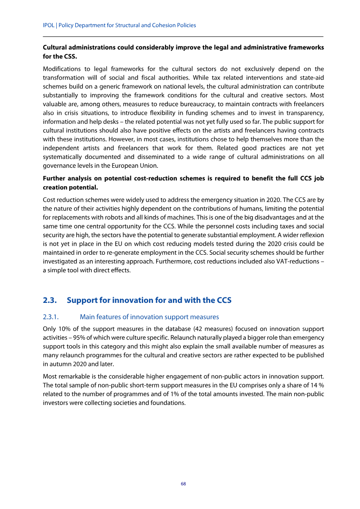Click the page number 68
pyautogui.click(x=183, y=484)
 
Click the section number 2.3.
pyautogui.click(x=49, y=300)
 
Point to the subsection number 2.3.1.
pyautogui.click(x=52, y=317)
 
